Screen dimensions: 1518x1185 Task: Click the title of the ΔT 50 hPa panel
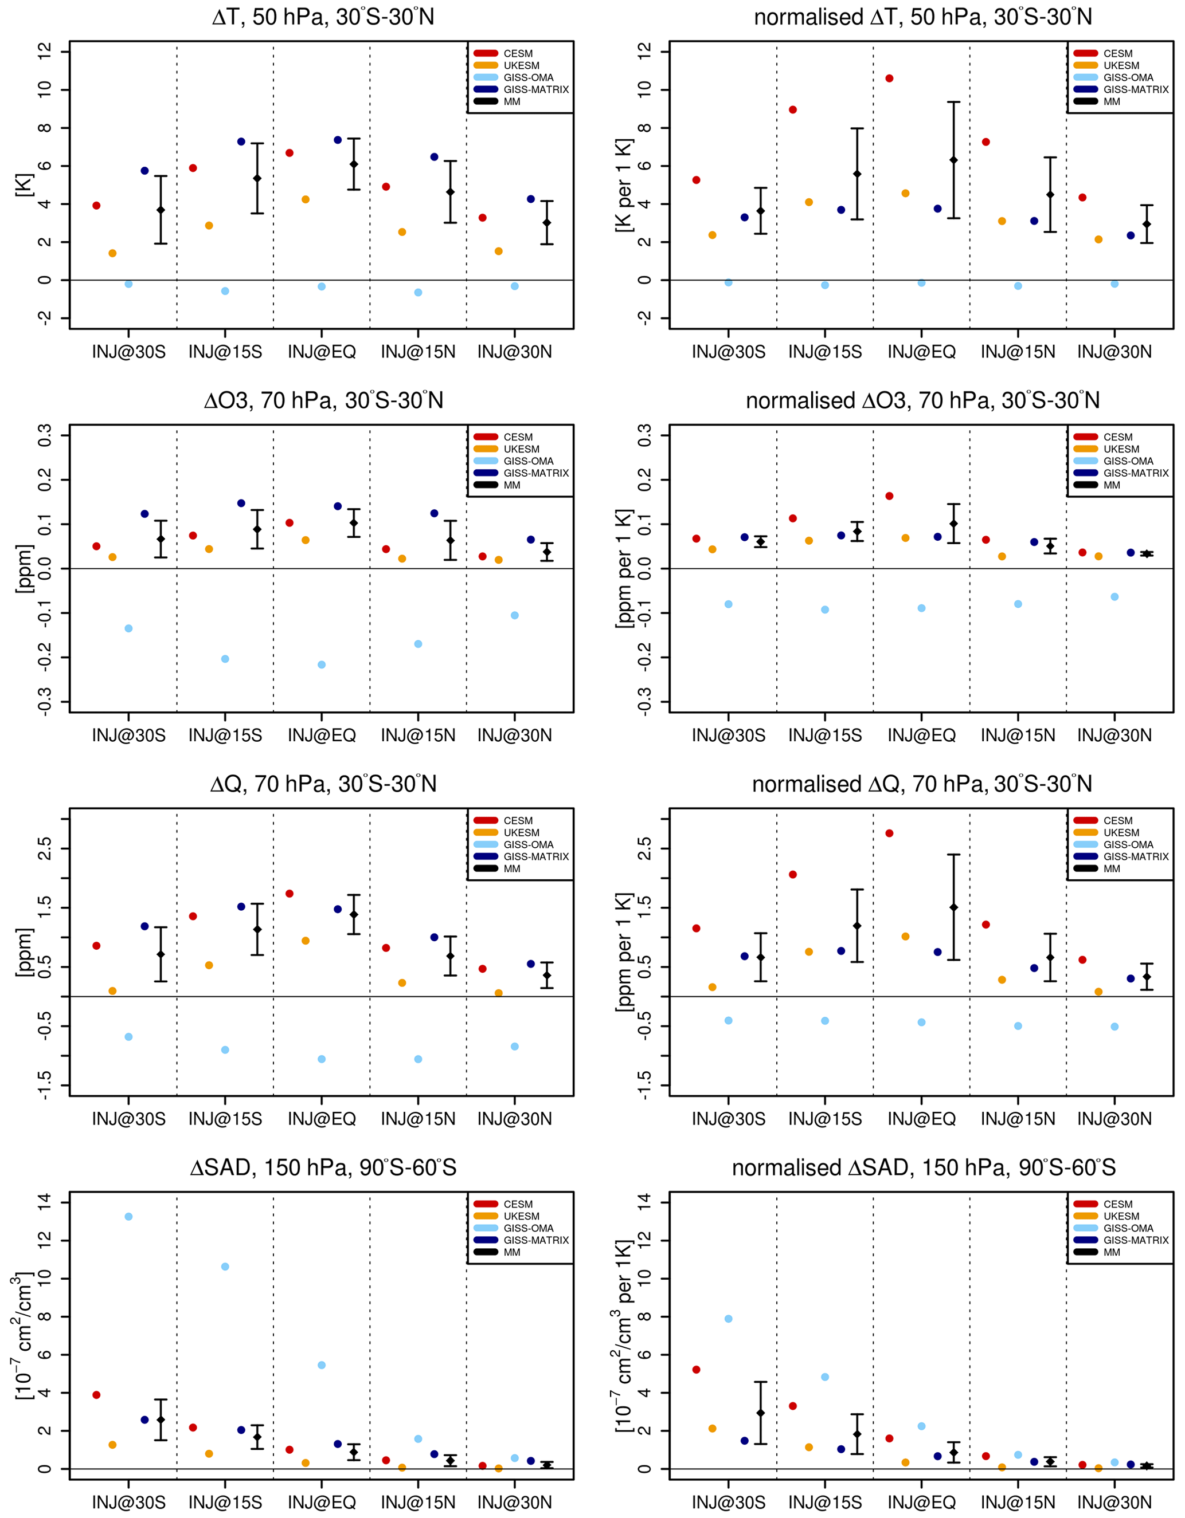pos(323,17)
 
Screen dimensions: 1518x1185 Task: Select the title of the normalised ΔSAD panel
pos(923,1167)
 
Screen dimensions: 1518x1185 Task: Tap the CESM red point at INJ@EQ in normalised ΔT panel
pos(889,78)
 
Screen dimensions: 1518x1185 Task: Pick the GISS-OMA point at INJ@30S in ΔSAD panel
pos(128,1216)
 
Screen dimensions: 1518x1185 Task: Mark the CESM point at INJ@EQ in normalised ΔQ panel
pos(889,833)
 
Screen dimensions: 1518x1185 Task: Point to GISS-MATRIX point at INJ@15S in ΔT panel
pos(241,142)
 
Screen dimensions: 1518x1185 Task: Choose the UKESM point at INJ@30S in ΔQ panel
pos(113,991)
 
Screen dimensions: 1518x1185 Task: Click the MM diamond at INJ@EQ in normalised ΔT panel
pos(953,160)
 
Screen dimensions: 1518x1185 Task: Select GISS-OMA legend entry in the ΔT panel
pos(529,78)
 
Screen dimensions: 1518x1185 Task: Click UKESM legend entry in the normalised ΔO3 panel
pos(1121,449)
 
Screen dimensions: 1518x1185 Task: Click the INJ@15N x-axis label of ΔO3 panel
pos(418,736)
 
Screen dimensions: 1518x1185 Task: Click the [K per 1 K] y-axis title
pos(624,185)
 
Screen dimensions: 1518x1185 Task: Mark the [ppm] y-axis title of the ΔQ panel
pos(24,952)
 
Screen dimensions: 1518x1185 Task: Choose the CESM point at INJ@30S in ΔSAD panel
pos(97,1395)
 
